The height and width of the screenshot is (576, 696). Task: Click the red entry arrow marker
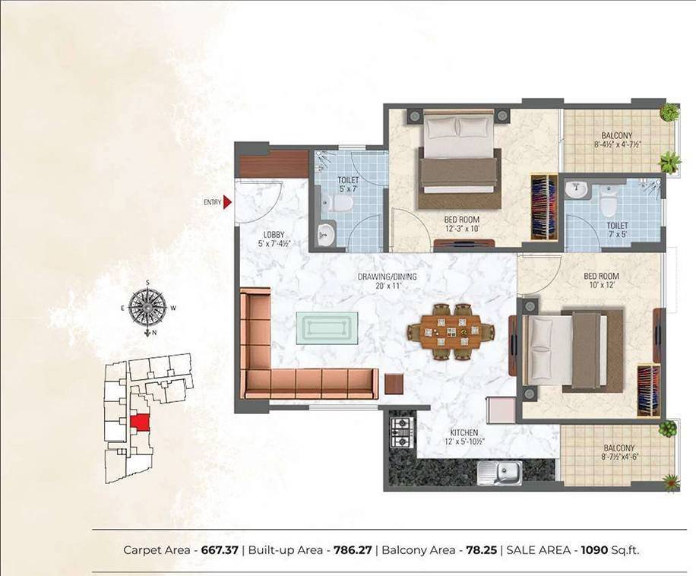227,202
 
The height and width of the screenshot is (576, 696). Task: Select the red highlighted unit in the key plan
140,423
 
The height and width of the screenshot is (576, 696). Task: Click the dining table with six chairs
451,331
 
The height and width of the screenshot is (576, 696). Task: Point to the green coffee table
330,328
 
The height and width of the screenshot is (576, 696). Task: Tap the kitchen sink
498,472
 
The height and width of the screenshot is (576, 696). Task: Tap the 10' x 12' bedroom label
601,281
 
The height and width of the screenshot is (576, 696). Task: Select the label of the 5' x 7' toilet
348,185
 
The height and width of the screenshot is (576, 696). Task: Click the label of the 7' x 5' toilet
617,230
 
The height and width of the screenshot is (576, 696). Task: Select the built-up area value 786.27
353,549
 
